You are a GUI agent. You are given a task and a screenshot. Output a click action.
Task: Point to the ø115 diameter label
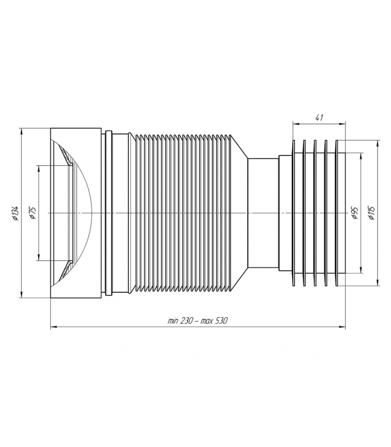point(372,213)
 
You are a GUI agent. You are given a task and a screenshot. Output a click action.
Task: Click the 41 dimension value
point(319,118)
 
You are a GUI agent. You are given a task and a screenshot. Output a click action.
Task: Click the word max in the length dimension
point(206,321)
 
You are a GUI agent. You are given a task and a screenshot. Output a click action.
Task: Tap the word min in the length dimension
point(173,321)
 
